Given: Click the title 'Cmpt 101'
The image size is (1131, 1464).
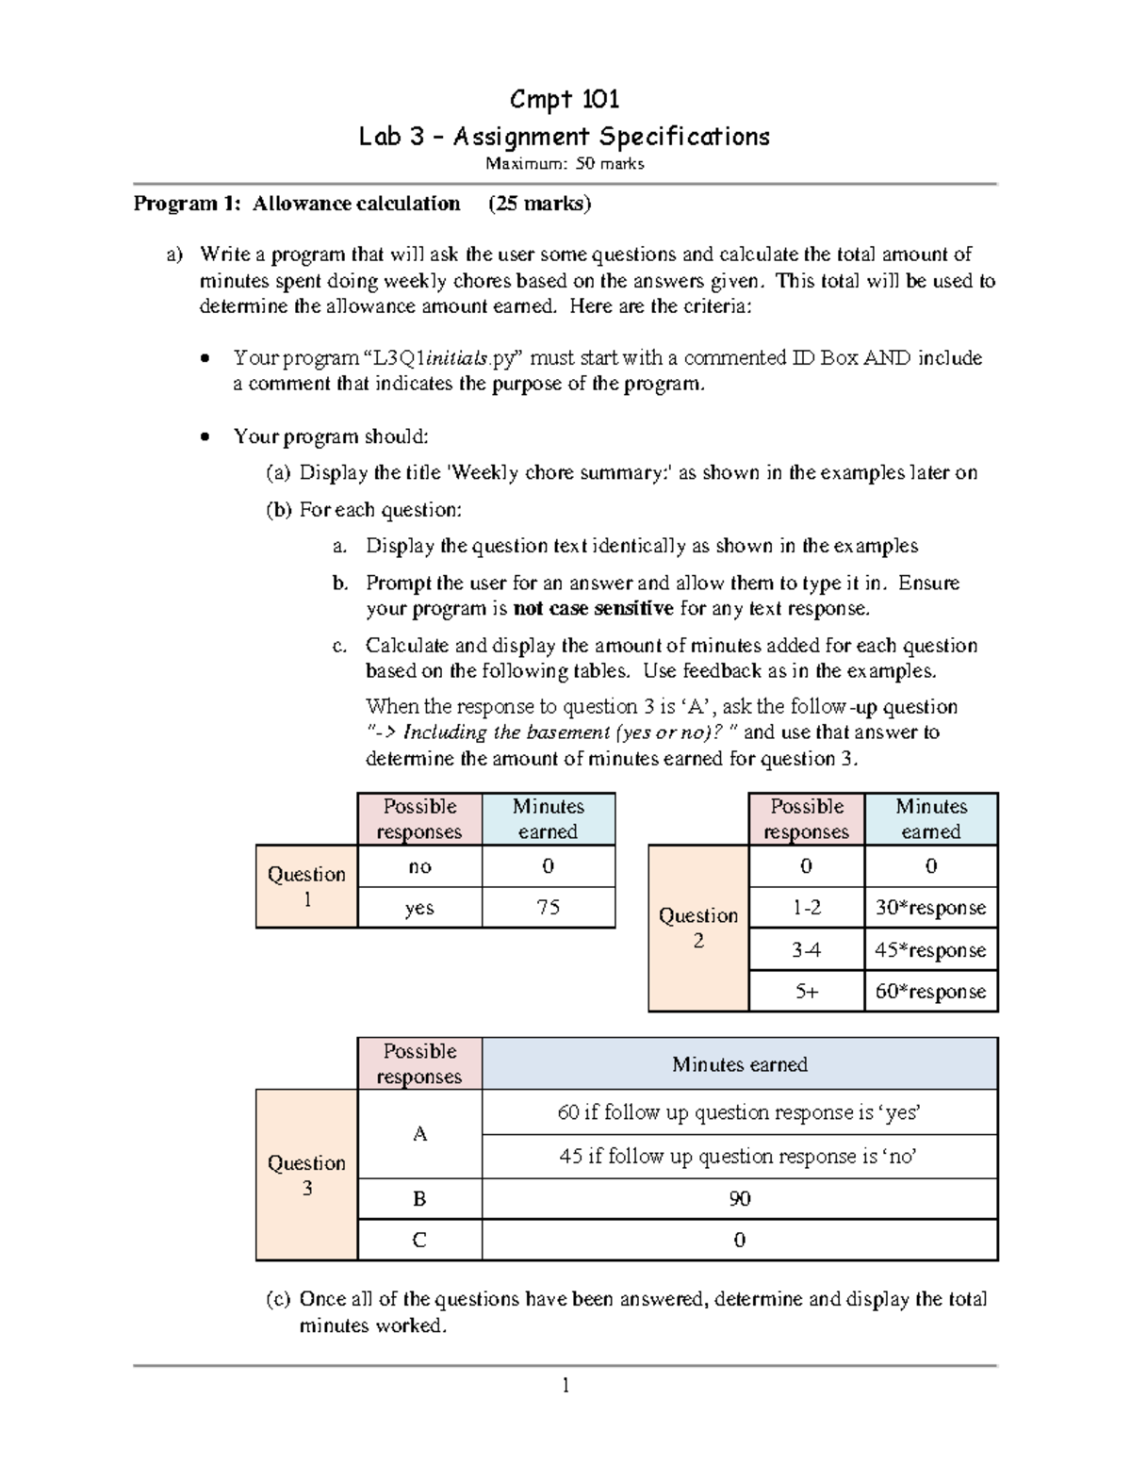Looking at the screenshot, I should (564, 99).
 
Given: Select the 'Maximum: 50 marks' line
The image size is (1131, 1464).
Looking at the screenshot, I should (564, 164).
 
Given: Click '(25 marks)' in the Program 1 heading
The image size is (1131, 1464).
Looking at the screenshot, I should (539, 204).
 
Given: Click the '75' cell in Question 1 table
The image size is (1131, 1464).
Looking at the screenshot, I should (548, 907).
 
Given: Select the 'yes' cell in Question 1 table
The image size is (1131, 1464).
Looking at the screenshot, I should (418, 907).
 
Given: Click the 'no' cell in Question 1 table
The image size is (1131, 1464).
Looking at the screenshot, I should (418, 865).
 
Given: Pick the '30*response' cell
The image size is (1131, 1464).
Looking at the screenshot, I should (930, 907).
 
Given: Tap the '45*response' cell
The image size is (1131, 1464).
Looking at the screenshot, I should (930, 949).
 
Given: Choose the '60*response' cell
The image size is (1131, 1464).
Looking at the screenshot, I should (930, 991).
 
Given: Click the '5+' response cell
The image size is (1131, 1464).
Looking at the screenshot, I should (806, 991).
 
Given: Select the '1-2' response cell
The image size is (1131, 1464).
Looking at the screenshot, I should (806, 907).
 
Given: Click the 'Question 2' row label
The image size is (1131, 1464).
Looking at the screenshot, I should (698, 928).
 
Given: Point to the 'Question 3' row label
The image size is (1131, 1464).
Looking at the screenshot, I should (306, 1175).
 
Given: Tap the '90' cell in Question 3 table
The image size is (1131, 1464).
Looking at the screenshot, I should (739, 1198).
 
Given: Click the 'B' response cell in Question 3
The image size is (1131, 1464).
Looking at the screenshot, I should (418, 1198).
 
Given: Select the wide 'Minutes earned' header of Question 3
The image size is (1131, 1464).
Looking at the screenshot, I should (739, 1064).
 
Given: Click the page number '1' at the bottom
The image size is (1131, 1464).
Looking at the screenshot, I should (565, 1385).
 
